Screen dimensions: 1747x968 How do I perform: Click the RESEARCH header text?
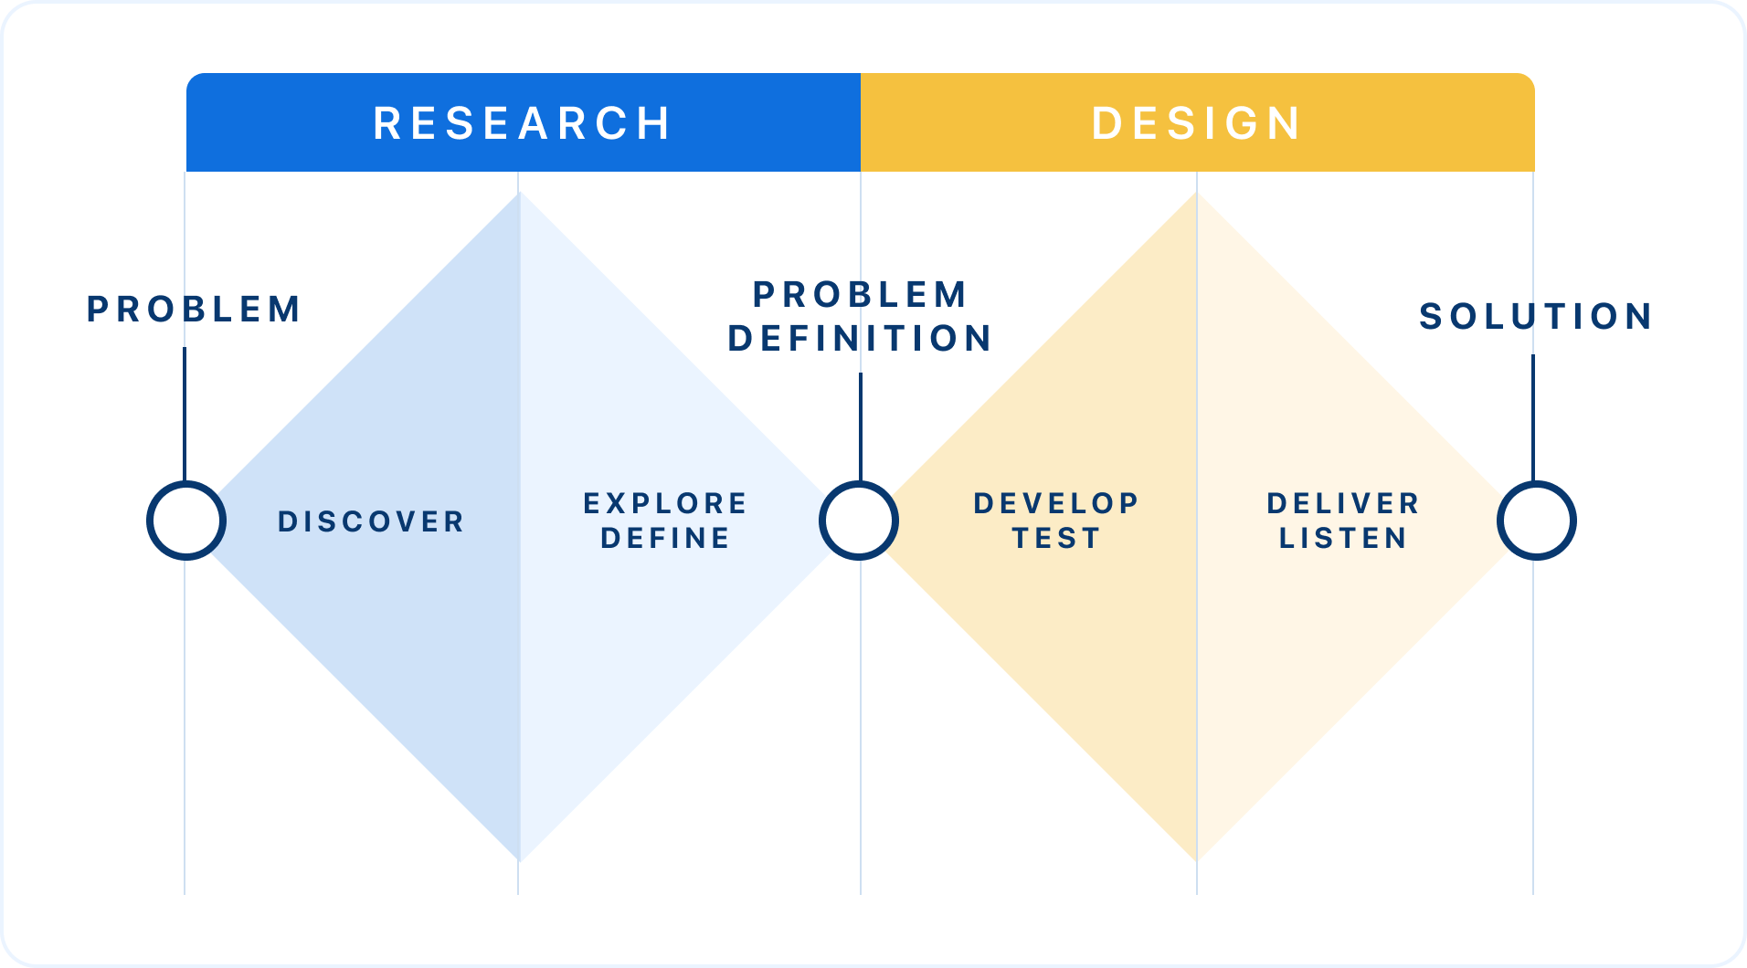tap(522, 123)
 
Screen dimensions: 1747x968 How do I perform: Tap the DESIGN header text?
tap(1197, 123)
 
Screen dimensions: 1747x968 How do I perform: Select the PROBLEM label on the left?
tap(194, 309)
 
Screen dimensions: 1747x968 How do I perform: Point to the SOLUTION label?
tap(1536, 316)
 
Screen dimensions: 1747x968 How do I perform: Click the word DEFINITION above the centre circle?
tap(860, 338)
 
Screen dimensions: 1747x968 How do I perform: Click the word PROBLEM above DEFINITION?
tap(860, 294)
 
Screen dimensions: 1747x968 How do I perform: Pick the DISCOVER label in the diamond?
tap(371, 521)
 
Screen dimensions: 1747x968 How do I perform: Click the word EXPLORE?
tap(665, 503)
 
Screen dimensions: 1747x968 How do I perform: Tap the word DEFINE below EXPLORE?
tap(665, 538)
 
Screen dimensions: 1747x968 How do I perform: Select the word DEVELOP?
tap(1056, 503)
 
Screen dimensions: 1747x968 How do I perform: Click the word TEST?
tap(1056, 538)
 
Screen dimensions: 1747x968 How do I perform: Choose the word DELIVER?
tap(1343, 503)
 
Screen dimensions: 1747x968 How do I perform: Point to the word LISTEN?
tap(1343, 538)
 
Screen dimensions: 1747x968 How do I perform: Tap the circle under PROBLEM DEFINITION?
tap(821, 521)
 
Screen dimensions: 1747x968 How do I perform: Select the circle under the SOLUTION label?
tap(1499, 521)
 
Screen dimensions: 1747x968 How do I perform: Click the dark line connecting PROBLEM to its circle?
tap(185, 415)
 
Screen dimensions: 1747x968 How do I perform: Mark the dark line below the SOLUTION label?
tap(1533, 418)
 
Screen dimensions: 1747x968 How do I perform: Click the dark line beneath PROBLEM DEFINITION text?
tap(861, 427)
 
